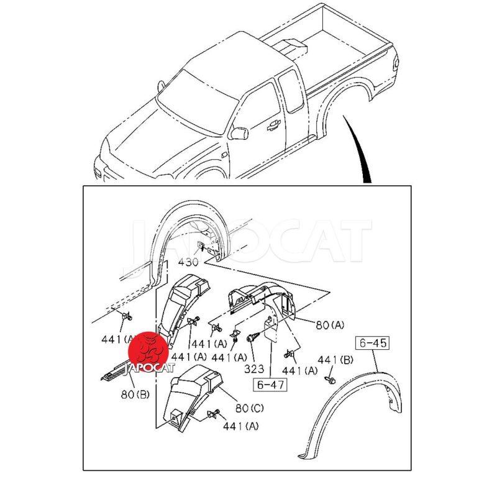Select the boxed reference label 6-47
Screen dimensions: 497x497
click(x=270, y=385)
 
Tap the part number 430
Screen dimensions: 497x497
click(x=188, y=262)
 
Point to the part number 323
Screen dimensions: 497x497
click(x=254, y=368)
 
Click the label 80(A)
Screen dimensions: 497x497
click(x=330, y=325)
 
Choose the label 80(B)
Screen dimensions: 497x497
click(x=135, y=394)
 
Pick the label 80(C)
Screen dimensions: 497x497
click(x=250, y=408)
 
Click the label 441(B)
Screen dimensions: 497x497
click(x=335, y=360)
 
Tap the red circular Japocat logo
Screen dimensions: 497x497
click(x=148, y=352)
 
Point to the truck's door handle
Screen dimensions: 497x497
click(x=273, y=126)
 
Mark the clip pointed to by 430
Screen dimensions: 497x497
click(x=201, y=245)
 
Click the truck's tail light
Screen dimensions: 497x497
click(x=396, y=62)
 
